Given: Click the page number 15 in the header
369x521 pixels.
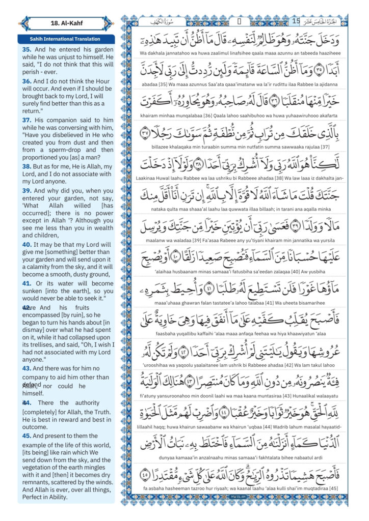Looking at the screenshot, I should (x=296, y=21).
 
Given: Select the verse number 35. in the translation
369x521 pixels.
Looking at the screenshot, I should (x=27, y=49).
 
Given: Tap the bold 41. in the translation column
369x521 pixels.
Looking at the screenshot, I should (x=27, y=283).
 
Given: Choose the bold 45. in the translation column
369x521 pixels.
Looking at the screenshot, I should (x=27, y=436).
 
